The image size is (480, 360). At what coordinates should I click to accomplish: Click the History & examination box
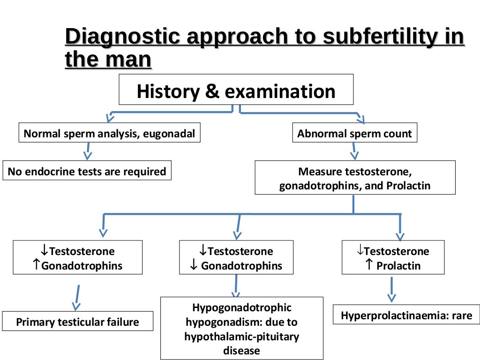236,91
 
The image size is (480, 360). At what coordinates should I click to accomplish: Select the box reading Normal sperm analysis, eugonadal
109,134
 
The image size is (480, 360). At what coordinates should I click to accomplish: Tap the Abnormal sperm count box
354,134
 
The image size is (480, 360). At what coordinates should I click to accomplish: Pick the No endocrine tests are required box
87,172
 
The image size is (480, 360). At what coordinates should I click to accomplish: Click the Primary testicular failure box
77,322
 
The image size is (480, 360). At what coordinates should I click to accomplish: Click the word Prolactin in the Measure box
408,186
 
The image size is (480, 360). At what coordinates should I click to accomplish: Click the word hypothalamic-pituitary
241,336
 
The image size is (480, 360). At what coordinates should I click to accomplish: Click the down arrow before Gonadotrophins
194,266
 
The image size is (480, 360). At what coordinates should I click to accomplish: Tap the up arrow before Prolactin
369,265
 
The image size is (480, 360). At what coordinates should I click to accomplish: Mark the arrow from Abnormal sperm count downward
355,151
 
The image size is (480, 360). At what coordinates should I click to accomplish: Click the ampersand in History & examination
212,91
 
